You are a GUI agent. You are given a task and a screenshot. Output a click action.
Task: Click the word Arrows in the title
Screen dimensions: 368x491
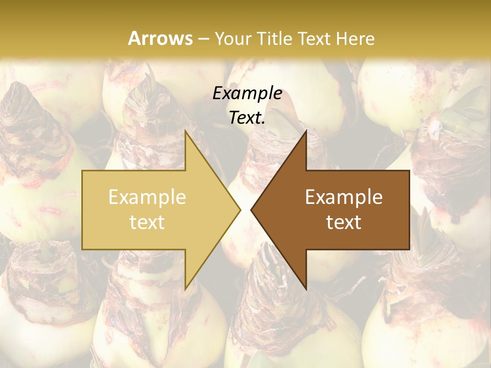pyautogui.click(x=160, y=38)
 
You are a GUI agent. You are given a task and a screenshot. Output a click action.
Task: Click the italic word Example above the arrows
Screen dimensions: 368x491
pyautogui.click(x=247, y=94)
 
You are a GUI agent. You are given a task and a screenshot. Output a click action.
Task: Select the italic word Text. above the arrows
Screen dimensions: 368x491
pyautogui.click(x=247, y=118)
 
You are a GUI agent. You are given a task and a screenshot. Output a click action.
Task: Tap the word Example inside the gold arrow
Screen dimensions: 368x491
pyautogui.click(x=147, y=197)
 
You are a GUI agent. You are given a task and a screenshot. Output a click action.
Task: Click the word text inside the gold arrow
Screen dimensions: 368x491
pyautogui.click(x=147, y=222)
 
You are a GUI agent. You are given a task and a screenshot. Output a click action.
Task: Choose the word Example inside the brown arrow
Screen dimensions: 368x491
pyautogui.click(x=344, y=197)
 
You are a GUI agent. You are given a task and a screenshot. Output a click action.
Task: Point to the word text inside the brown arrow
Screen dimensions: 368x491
pyautogui.click(x=344, y=222)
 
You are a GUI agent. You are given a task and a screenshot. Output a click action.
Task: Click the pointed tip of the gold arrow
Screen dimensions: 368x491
pyautogui.click(x=240, y=210)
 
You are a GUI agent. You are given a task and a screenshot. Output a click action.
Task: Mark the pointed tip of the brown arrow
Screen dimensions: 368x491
pyautogui.click(x=251, y=210)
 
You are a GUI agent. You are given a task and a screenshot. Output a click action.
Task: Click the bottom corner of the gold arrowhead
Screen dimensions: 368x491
pyautogui.click(x=186, y=288)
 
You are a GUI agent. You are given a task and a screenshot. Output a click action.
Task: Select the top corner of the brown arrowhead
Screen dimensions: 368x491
pyautogui.click(x=306, y=131)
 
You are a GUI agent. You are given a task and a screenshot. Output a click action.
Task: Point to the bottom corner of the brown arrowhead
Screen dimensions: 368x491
pyautogui.click(x=306, y=288)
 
